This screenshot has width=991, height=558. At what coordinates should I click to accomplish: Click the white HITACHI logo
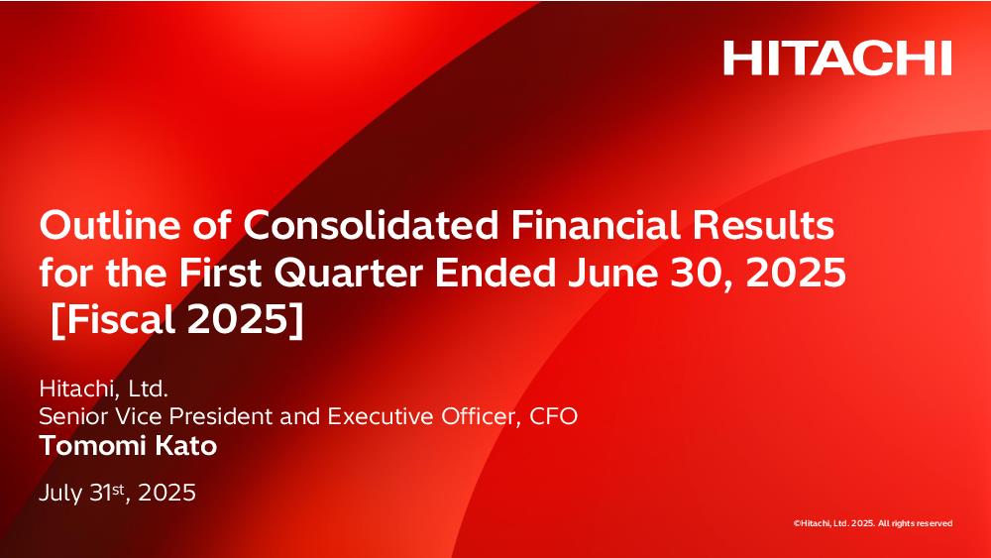click(837, 58)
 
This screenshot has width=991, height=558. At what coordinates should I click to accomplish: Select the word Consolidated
click(371, 225)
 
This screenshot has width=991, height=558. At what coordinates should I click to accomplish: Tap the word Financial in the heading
click(596, 225)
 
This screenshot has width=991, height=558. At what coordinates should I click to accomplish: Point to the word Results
click(763, 225)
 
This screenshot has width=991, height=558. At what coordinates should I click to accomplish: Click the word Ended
click(495, 273)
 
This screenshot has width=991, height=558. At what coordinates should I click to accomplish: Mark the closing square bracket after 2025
click(297, 320)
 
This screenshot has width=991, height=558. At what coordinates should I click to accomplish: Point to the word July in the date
click(60, 493)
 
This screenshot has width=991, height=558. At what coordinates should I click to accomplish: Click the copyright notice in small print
click(873, 523)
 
